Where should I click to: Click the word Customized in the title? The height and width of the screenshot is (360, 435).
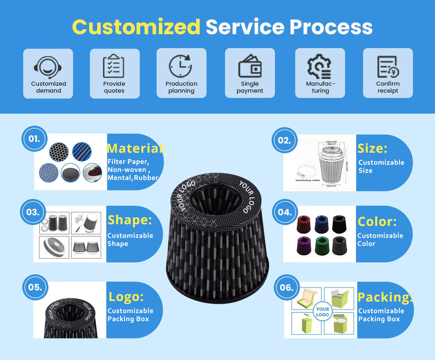click(136, 27)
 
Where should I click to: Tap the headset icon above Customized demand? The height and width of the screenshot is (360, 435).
click(48, 67)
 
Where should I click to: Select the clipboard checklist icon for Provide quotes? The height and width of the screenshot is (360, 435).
click(114, 66)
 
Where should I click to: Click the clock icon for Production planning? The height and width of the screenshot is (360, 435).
click(181, 66)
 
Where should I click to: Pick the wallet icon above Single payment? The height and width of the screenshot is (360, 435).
click(250, 67)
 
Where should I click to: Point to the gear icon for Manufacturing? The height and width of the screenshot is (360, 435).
click(319, 67)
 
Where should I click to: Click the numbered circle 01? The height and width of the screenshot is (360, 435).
click(34, 139)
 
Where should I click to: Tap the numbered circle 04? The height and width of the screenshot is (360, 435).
click(285, 211)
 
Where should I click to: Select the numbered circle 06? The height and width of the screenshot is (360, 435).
click(287, 287)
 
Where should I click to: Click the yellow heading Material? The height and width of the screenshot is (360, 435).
click(136, 148)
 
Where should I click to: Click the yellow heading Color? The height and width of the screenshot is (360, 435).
click(377, 221)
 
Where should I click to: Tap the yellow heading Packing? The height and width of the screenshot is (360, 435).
click(385, 297)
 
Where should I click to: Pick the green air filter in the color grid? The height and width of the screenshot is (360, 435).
click(323, 246)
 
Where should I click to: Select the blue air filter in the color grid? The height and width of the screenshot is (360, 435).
click(323, 223)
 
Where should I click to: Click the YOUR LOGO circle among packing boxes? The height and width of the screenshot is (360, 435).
click(323, 311)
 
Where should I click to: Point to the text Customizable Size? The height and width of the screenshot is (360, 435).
click(381, 166)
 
